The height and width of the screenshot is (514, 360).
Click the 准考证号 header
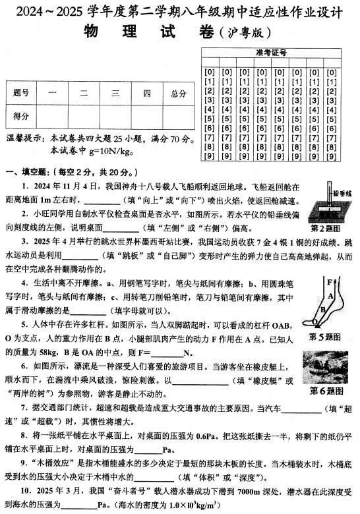[276, 53]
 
